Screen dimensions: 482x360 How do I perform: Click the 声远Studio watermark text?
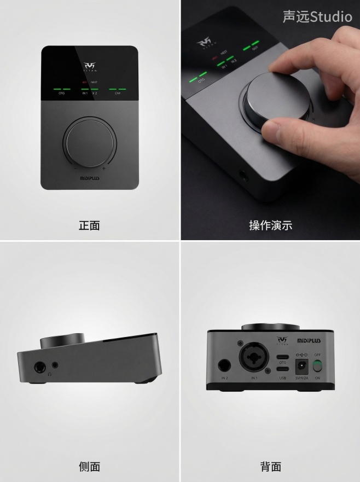[317, 17]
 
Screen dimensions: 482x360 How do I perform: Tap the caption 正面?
[89, 225]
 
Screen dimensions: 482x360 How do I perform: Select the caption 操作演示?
[270, 225]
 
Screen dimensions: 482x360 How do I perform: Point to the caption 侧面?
[89, 466]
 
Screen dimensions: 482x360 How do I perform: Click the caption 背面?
[270, 466]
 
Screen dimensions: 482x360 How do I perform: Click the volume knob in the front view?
[90, 142]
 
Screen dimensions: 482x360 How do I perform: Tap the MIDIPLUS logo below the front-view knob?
[90, 178]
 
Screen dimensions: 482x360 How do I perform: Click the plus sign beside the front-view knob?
[103, 169]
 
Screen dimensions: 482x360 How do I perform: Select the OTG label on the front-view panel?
[61, 94]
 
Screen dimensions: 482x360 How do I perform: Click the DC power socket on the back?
[301, 366]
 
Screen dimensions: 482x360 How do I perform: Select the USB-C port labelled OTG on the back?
[282, 356]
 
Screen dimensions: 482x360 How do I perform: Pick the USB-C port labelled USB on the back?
[282, 370]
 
